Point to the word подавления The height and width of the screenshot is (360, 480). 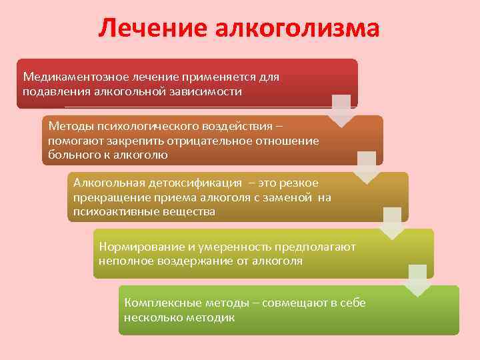coord(52,91)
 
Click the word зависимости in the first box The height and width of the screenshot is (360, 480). coord(206,91)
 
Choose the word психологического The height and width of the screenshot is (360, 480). coord(153,127)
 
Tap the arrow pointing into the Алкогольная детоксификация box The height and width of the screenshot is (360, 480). coord(367,167)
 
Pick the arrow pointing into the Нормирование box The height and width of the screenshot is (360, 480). coord(392,223)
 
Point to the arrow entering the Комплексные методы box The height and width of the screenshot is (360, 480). coord(417,280)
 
